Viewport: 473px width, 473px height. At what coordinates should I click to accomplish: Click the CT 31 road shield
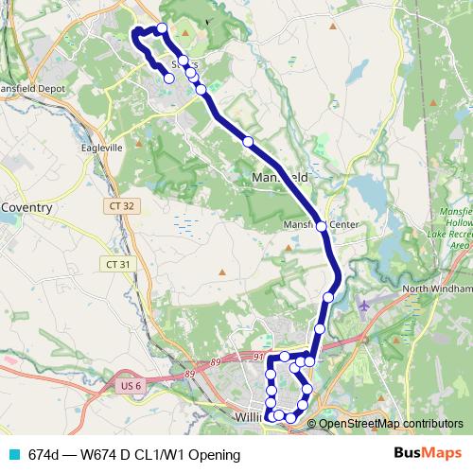click(x=119, y=264)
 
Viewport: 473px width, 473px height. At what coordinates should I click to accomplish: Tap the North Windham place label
click(x=435, y=289)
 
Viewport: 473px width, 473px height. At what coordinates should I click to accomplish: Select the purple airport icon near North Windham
click(x=366, y=306)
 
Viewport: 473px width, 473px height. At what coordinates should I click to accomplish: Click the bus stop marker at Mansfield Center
click(x=322, y=226)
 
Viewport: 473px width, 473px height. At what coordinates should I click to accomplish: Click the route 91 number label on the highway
click(x=258, y=357)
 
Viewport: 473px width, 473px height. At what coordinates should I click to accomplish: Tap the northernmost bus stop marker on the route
click(x=162, y=28)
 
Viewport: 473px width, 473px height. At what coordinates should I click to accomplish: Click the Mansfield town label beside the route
click(x=280, y=177)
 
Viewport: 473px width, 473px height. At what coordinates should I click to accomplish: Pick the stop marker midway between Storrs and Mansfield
click(x=248, y=141)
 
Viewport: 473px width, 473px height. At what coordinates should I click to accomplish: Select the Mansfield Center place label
click(x=321, y=225)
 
